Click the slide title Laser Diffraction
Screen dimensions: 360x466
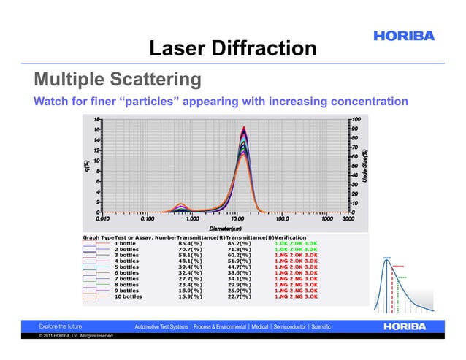point(232,49)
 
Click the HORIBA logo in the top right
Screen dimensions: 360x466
point(404,36)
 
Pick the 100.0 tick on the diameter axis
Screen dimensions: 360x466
point(282,218)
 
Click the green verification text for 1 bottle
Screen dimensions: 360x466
point(296,242)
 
